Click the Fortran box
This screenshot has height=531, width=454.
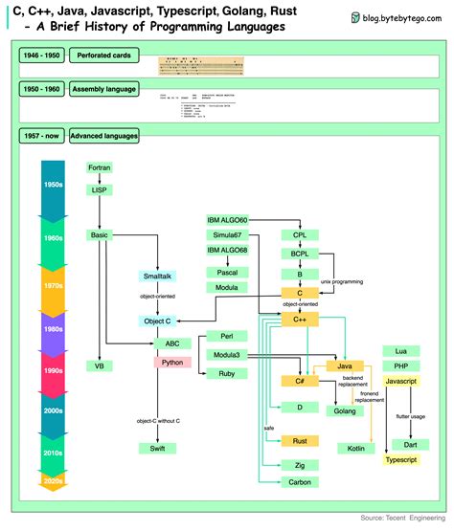coord(99,167)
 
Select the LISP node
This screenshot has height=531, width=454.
coord(99,190)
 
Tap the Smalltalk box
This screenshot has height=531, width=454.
coord(156,277)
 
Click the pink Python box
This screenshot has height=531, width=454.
coord(172,363)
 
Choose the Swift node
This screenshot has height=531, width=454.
coord(156,448)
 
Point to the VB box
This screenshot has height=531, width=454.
coord(99,365)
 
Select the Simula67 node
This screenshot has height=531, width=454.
coord(227,235)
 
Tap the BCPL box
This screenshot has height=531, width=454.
coord(299,254)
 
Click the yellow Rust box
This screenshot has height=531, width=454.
coord(299,440)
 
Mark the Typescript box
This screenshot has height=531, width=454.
coord(403,460)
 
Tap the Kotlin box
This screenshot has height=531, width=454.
coord(353,448)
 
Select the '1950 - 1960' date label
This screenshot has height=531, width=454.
coord(40,88)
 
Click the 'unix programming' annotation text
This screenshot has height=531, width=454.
coord(343,282)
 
